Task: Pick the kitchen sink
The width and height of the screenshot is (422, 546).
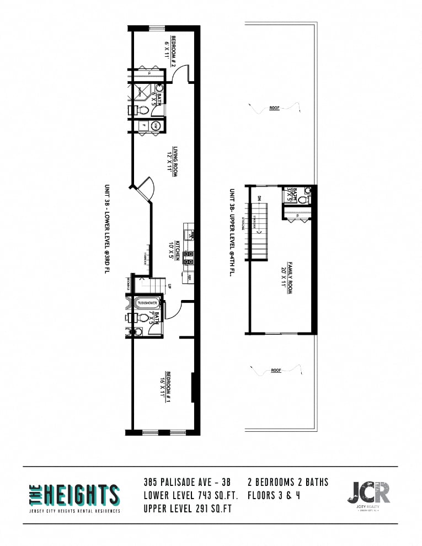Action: [189, 233]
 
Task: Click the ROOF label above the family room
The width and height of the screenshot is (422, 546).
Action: [274, 109]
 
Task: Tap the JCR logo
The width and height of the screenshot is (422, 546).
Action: [368, 493]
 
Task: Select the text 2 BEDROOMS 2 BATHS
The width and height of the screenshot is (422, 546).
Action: [288, 483]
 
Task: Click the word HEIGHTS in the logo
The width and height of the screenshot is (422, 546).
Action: [82, 495]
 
